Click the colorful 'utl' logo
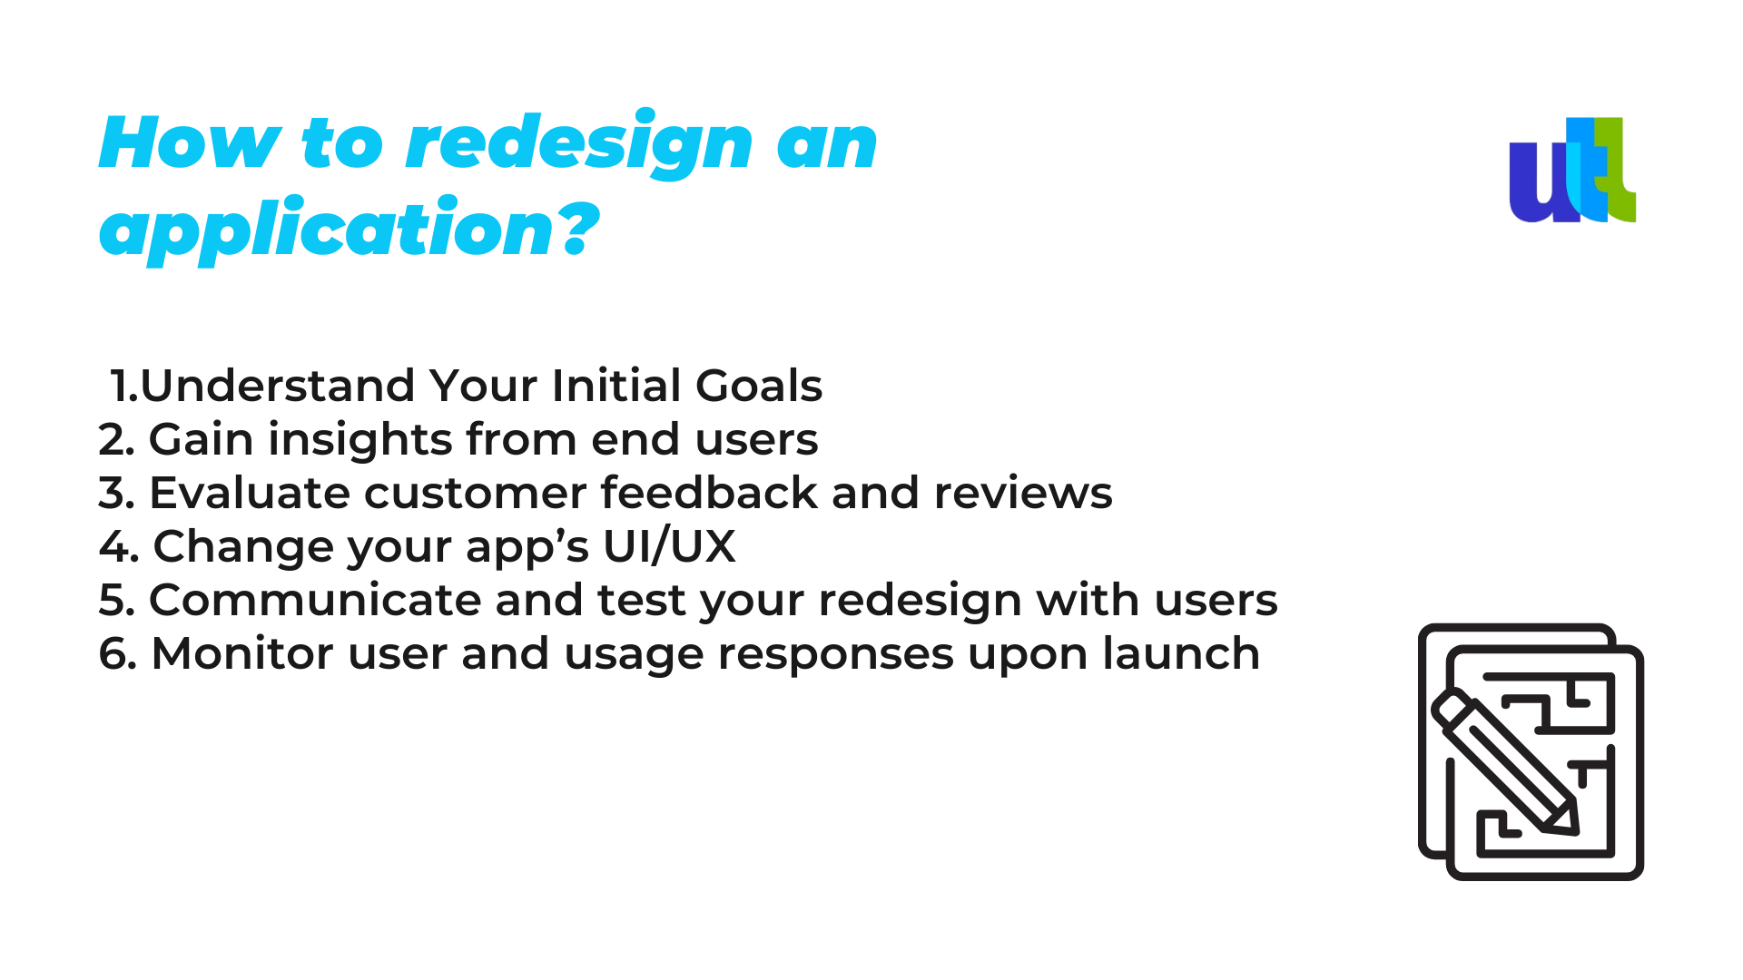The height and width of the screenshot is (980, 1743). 1572,170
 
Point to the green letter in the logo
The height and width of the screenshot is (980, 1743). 1616,170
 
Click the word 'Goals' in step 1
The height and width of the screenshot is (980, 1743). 759,386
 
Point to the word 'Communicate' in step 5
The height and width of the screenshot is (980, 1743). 314,601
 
